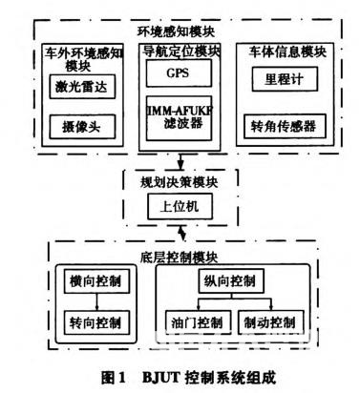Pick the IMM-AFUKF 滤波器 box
(179, 115)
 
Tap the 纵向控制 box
(230, 280)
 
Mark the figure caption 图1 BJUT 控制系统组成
(179, 375)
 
